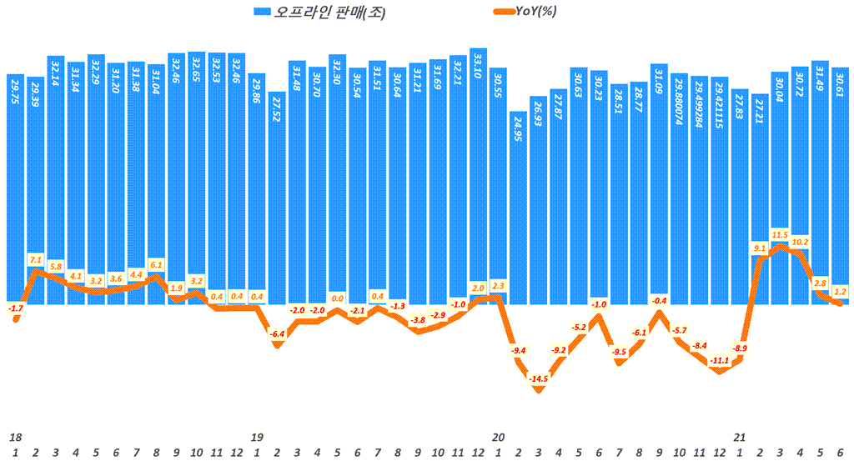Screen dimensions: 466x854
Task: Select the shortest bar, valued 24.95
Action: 519,208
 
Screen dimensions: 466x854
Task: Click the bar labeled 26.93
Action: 539,200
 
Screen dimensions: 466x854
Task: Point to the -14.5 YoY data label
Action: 539,379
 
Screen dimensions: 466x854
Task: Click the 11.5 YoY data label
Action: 780,234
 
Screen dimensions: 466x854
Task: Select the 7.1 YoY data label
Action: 36,259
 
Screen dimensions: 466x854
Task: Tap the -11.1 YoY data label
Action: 720,360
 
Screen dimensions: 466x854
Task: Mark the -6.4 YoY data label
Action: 277,334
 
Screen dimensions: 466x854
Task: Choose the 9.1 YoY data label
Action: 760,248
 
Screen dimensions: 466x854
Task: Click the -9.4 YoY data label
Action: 519,350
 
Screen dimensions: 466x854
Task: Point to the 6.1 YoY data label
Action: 156,264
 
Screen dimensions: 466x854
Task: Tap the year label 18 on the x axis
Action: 15,437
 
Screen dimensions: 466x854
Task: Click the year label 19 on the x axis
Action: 257,437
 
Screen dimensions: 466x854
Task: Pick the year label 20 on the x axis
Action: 499,437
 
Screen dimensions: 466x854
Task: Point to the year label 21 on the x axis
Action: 740,437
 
